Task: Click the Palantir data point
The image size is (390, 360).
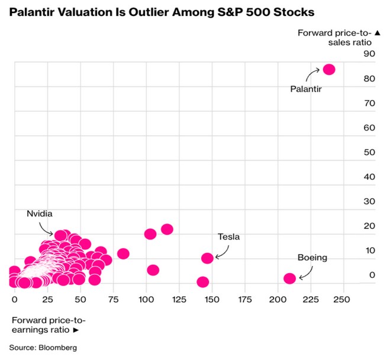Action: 329,70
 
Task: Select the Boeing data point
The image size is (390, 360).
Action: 289,278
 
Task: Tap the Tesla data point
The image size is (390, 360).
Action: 207,258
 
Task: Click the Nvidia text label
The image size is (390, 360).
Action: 40,213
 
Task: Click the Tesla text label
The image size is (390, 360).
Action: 228,237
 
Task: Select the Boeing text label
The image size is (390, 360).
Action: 312,258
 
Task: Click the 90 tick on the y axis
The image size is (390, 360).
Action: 370,54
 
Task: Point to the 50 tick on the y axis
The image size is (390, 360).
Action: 370,152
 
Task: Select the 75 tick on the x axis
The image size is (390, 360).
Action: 112,300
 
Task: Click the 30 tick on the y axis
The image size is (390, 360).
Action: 370,201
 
